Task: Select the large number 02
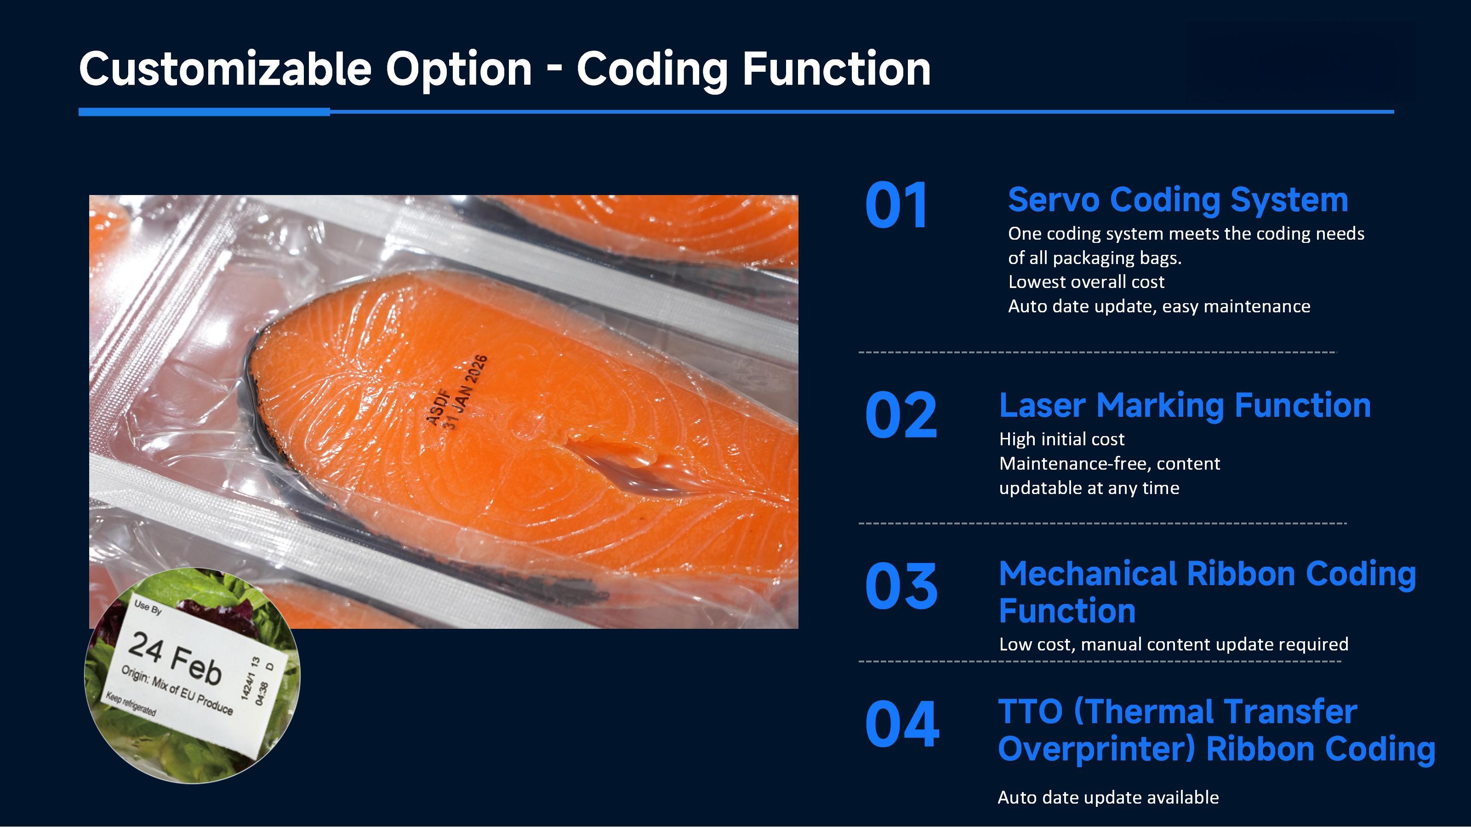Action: [x=901, y=415]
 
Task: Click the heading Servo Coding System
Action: [x=1177, y=200]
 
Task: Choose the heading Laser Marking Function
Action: [x=1184, y=406]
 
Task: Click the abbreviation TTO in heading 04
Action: [x=1030, y=712]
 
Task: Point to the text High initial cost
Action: [x=1061, y=439]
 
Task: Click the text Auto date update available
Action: [x=1107, y=797]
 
